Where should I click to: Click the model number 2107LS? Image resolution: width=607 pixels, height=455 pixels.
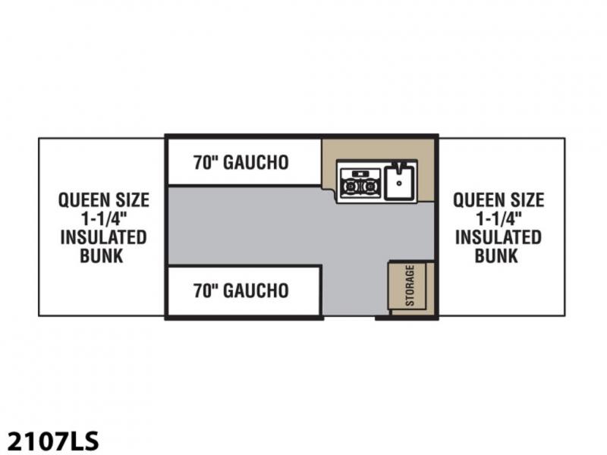click(x=52, y=441)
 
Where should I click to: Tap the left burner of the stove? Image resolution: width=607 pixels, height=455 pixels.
click(x=350, y=187)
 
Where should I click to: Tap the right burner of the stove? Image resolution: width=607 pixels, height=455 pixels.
click(x=370, y=187)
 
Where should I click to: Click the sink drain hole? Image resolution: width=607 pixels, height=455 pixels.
click(x=399, y=184)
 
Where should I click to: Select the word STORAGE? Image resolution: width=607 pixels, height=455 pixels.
click(x=410, y=286)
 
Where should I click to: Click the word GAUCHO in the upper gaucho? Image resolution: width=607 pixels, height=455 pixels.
click(x=256, y=162)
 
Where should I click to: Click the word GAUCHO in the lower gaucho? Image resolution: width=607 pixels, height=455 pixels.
click(x=256, y=290)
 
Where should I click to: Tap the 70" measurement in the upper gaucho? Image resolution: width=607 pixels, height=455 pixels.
click(x=206, y=162)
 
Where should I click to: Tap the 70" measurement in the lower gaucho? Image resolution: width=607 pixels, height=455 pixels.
click(x=206, y=290)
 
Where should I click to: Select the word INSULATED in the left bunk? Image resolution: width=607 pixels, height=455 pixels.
click(x=103, y=237)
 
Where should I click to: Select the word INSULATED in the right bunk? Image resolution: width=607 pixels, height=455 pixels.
click(x=498, y=237)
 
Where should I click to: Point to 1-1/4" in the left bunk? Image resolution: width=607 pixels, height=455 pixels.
click(x=104, y=218)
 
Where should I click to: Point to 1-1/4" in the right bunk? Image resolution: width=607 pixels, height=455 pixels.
click(x=498, y=218)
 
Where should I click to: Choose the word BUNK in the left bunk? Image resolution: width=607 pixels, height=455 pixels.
click(x=102, y=256)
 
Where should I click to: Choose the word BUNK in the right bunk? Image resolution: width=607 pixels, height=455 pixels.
click(x=496, y=256)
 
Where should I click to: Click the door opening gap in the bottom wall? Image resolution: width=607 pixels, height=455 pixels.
click(x=349, y=317)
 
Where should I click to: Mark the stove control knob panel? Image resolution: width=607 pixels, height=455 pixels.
click(x=360, y=173)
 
